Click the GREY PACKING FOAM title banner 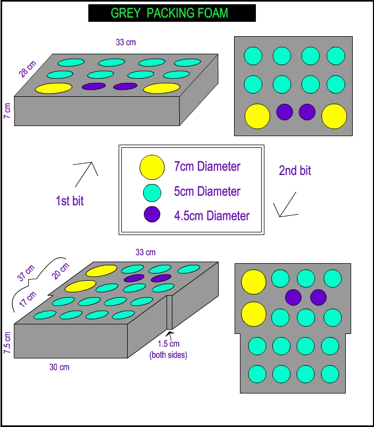172,13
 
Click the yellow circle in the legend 152,166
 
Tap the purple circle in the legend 152,216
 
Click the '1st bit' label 70,201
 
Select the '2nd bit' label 295,171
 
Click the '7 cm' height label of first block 7,111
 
